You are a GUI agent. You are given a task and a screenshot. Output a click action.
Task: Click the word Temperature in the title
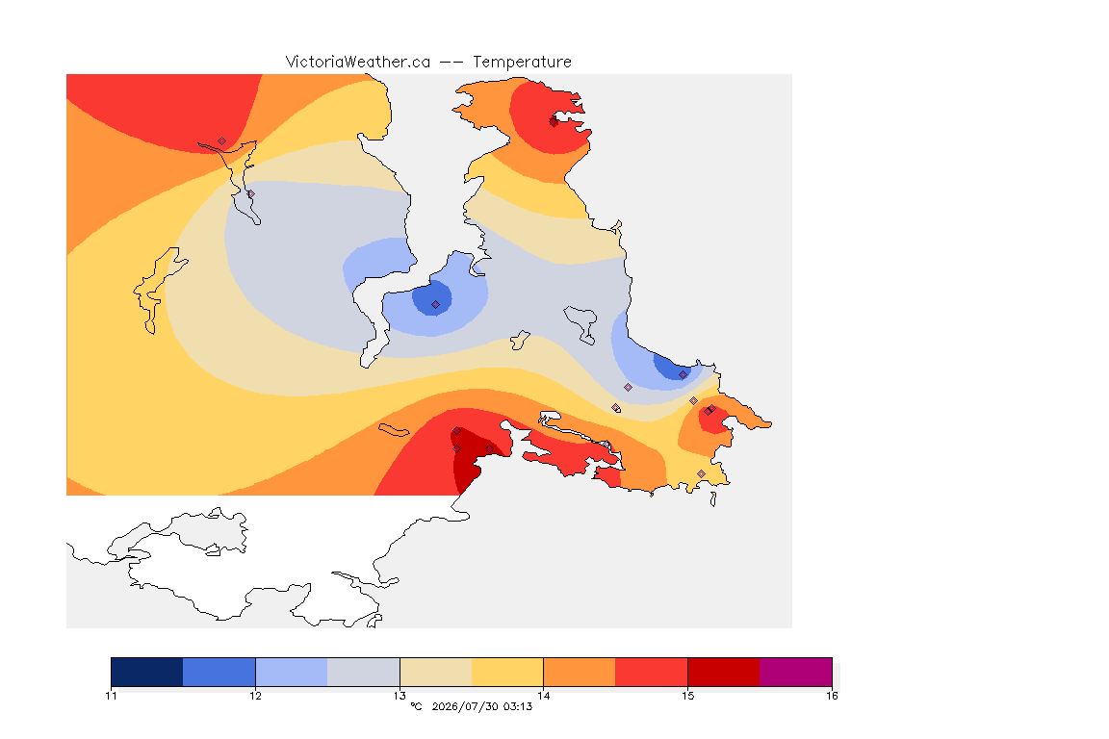pyautogui.click(x=522, y=63)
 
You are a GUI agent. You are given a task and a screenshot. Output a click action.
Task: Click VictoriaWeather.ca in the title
pyautogui.click(x=358, y=63)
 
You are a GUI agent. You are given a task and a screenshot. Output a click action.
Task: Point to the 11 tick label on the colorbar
pyautogui.click(x=111, y=696)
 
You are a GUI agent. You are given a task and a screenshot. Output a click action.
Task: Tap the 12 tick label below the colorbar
pyautogui.click(x=255, y=696)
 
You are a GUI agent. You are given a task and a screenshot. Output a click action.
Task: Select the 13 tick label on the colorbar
pyautogui.click(x=400, y=696)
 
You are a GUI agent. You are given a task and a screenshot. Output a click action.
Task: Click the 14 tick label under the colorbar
pyautogui.click(x=543, y=696)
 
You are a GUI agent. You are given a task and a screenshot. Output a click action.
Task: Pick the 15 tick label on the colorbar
pyautogui.click(x=687, y=696)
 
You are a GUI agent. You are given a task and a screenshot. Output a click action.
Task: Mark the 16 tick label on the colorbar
pyautogui.click(x=832, y=696)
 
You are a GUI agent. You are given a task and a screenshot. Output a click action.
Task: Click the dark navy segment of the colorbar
pyautogui.click(x=147, y=672)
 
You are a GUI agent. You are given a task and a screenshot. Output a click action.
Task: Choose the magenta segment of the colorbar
pyautogui.click(x=796, y=672)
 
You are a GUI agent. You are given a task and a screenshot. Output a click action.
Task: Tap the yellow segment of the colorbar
pyautogui.click(x=507, y=672)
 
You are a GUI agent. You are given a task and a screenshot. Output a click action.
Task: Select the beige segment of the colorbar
pyautogui.click(x=436, y=672)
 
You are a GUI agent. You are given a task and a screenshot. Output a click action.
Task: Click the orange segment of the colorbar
pyautogui.click(x=580, y=672)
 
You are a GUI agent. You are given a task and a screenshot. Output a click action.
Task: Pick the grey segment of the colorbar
pyautogui.click(x=364, y=672)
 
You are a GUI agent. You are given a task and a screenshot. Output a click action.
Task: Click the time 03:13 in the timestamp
pyautogui.click(x=519, y=706)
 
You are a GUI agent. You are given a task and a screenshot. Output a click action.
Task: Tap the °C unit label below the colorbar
pyautogui.click(x=417, y=706)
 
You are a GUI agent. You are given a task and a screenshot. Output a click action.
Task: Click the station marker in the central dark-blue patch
pyautogui.click(x=436, y=305)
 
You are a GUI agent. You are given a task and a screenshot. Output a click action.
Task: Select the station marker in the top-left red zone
pyautogui.click(x=222, y=141)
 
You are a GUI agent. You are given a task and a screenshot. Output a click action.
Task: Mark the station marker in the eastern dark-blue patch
pyautogui.click(x=683, y=375)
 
